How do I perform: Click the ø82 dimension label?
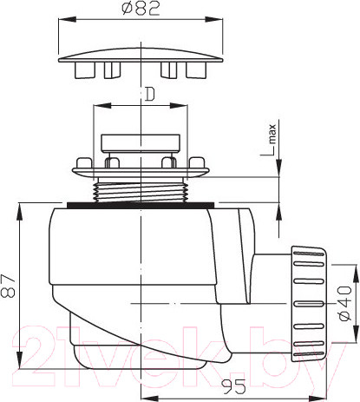141,9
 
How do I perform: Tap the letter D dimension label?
149,95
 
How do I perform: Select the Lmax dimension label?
269,141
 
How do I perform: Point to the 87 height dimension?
8,286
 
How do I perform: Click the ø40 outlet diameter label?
345,303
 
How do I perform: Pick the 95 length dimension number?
233,386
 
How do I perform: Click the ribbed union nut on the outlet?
310,304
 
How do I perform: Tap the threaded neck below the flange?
141,190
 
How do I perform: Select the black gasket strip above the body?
141,205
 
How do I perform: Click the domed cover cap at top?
141,56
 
